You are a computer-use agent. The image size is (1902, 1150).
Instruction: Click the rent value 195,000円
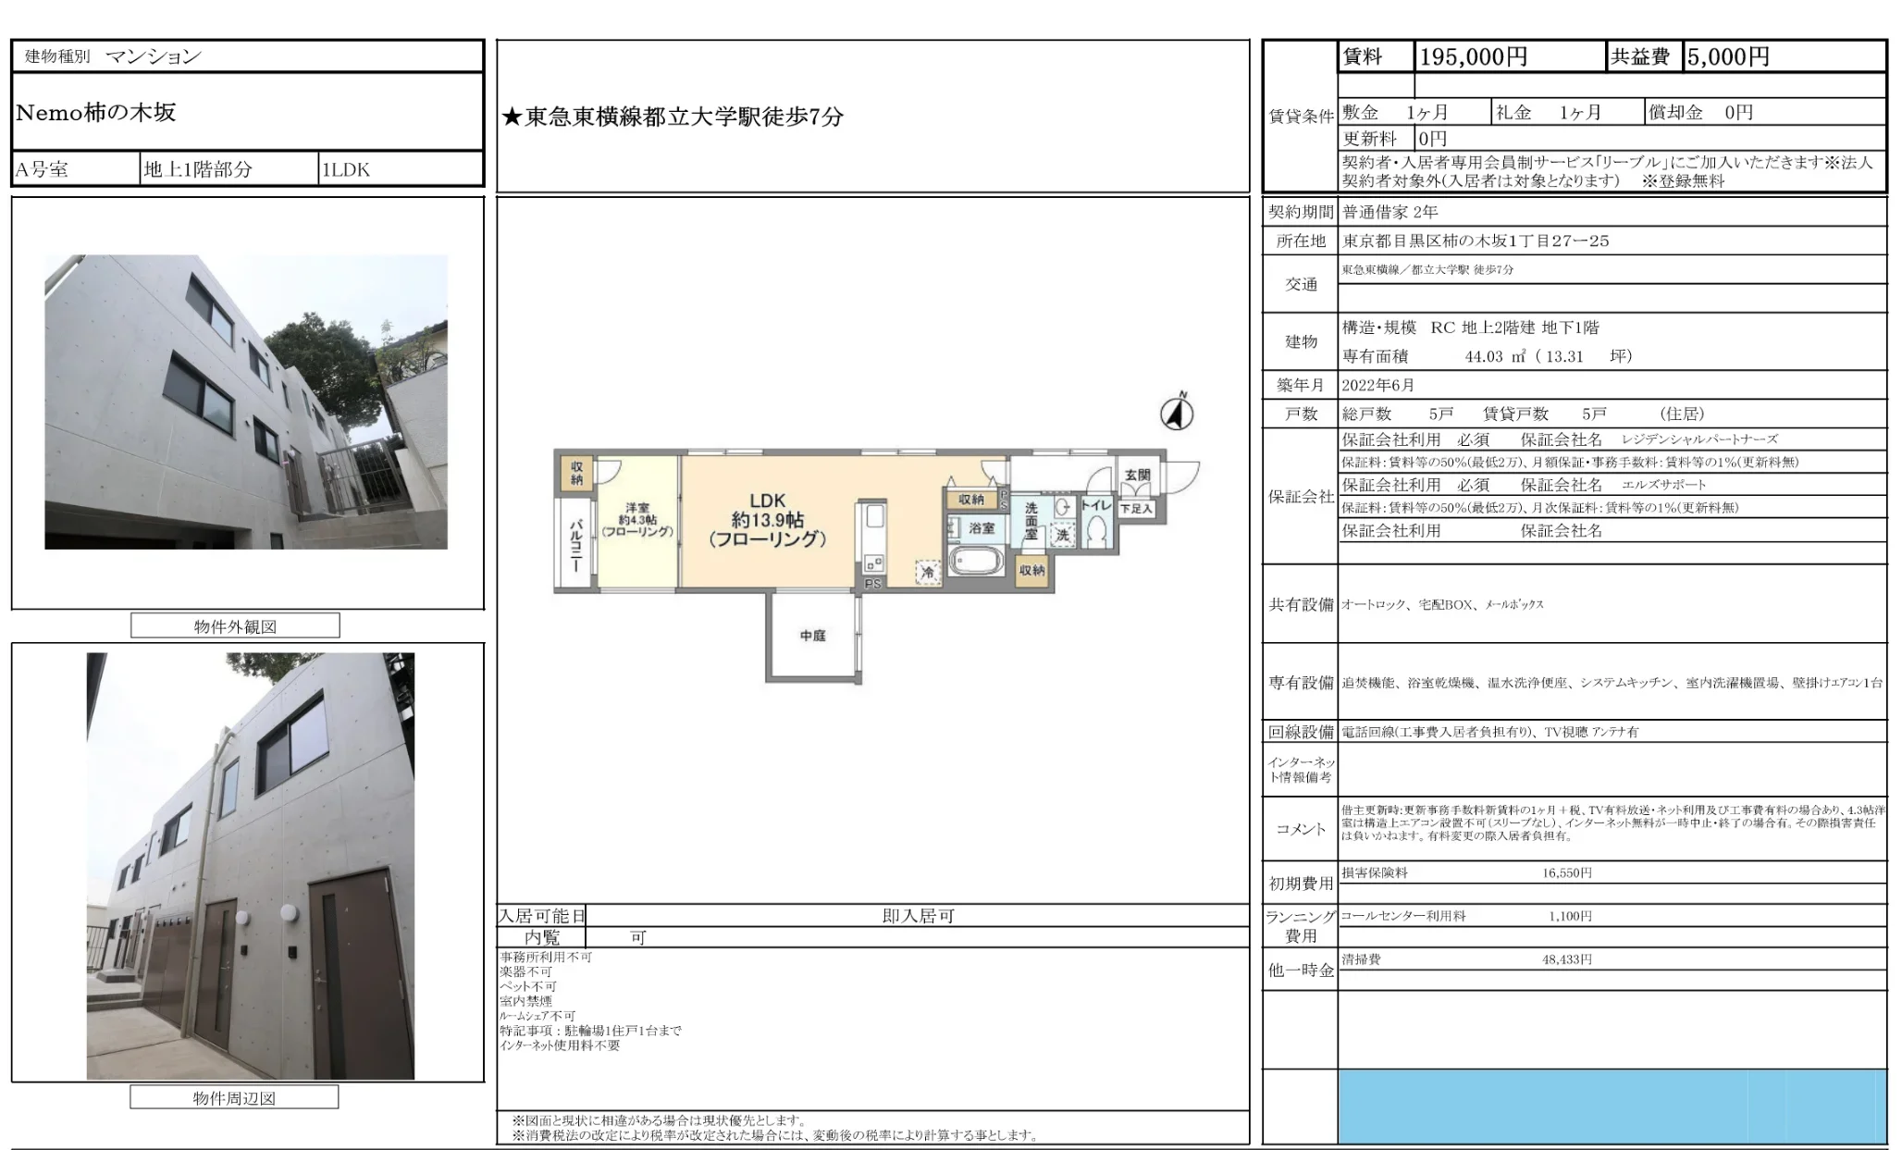[1473, 57]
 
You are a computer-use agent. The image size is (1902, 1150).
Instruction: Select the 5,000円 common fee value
[1727, 57]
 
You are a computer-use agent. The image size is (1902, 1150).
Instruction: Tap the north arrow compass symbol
[1177, 413]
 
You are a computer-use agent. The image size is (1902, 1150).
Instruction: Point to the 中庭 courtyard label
[812, 636]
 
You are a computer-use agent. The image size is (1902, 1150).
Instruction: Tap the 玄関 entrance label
[1137, 475]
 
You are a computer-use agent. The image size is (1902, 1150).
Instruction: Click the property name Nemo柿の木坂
[96, 113]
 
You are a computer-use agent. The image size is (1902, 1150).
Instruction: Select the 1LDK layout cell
[345, 170]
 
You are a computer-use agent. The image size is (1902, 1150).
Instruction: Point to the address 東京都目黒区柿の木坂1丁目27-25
[1476, 241]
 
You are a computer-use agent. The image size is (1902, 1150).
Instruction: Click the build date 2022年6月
[1377, 386]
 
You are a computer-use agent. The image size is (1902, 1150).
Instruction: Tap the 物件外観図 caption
[235, 626]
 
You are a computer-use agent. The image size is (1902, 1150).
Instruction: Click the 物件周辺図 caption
[234, 1098]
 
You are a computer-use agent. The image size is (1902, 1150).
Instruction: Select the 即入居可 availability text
[917, 916]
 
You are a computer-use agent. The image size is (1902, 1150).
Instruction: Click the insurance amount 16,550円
[1566, 872]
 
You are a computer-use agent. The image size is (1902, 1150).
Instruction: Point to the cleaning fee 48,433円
[1566, 959]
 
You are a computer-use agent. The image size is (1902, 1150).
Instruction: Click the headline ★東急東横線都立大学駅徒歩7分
[673, 117]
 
